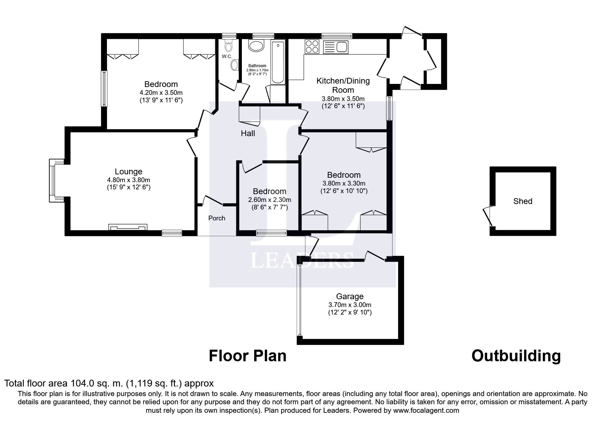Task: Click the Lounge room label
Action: tap(128, 172)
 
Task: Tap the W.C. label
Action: tap(227, 56)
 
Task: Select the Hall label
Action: tap(248, 133)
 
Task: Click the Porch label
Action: tap(217, 218)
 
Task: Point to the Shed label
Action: tap(523, 201)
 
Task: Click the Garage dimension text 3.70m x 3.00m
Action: tap(349, 305)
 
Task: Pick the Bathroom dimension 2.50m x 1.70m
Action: tap(258, 70)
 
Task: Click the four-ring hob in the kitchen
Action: tap(312, 47)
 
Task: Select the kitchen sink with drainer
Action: tap(335, 47)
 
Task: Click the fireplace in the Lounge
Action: tap(128, 227)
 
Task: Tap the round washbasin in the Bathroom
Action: tap(256, 46)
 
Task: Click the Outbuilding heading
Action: tap(516, 356)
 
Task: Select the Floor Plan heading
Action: tap(248, 356)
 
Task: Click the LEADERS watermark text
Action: tap(302, 260)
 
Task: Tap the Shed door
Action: tap(487, 216)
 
